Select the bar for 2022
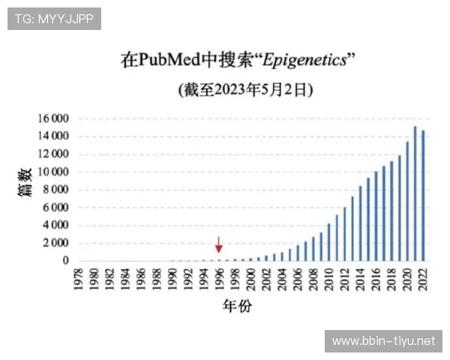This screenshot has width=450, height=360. pos(423,196)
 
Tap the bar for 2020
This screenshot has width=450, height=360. pos(407,201)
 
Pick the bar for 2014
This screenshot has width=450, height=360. pos(360,223)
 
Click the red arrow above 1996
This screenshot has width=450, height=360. pos(219,244)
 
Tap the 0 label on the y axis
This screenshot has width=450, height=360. pos(66,261)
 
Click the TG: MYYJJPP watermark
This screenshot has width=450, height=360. pos(54,19)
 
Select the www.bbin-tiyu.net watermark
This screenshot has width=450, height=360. pos(383,341)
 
